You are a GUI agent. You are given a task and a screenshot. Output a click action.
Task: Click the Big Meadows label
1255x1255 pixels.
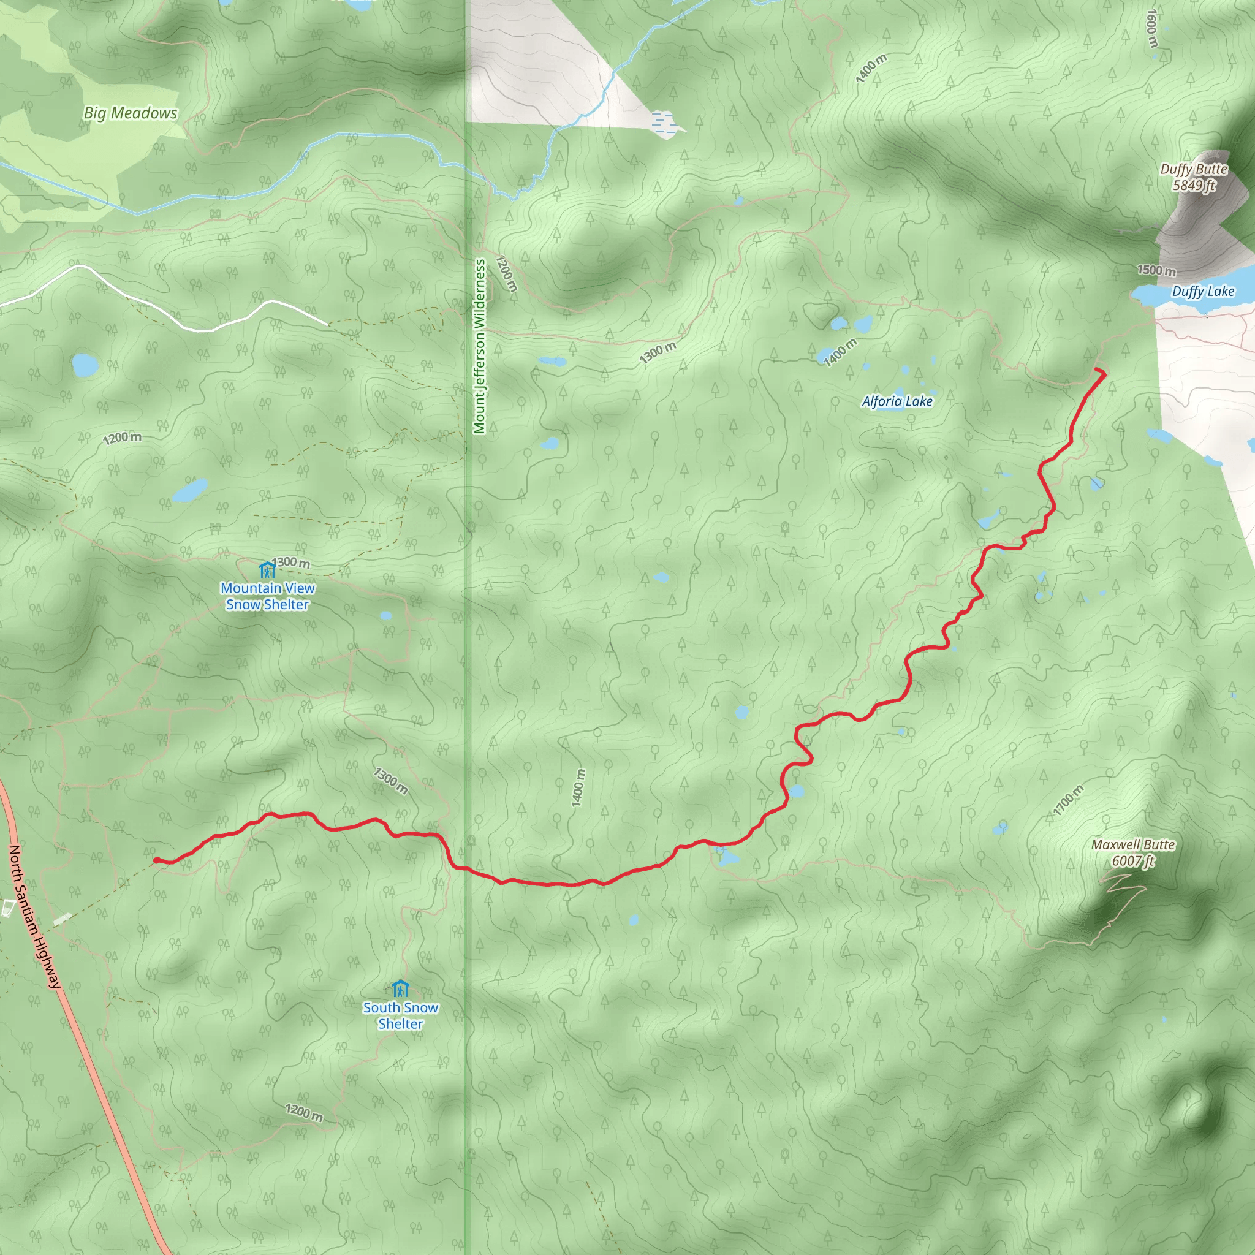click(x=130, y=113)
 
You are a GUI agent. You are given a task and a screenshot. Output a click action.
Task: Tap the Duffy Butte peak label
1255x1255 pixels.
click(x=1194, y=170)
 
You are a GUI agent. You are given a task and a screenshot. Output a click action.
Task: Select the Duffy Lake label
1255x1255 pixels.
click(x=1203, y=292)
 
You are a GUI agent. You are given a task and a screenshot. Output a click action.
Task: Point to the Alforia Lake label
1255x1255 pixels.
click(x=897, y=401)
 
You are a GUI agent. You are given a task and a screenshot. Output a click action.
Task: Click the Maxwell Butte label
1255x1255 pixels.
click(x=1133, y=844)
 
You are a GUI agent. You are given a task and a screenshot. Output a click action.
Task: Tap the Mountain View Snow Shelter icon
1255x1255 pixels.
click(x=267, y=571)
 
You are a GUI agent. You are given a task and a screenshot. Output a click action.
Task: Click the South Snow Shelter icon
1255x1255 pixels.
click(x=400, y=988)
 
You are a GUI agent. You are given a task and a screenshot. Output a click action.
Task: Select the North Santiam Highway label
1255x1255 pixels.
click(x=35, y=917)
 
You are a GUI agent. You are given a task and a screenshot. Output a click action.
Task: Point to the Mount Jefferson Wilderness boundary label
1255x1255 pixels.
click(x=480, y=346)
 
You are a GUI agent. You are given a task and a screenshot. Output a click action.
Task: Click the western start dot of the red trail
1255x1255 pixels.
click(x=156, y=861)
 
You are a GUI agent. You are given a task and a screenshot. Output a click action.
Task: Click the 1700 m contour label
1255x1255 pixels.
click(x=1069, y=800)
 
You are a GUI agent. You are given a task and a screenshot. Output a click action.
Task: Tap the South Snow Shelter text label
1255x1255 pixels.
click(x=400, y=1015)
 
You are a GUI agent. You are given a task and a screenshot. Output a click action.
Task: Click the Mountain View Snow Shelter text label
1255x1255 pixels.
click(x=267, y=596)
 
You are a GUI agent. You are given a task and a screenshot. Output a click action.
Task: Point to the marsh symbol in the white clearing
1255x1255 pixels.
click(x=663, y=121)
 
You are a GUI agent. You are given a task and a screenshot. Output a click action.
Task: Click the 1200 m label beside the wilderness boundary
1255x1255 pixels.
click(x=507, y=273)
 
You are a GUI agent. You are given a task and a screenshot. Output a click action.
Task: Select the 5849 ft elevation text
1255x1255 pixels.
click(x=1193, y=186)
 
